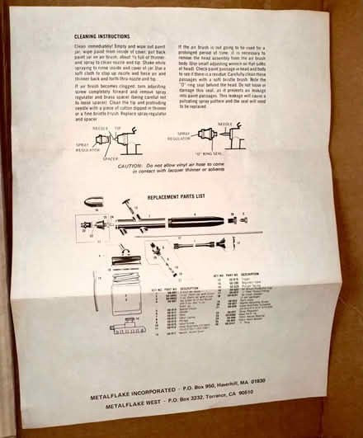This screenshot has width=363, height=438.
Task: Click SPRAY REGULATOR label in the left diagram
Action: click(x=78, y=143)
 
